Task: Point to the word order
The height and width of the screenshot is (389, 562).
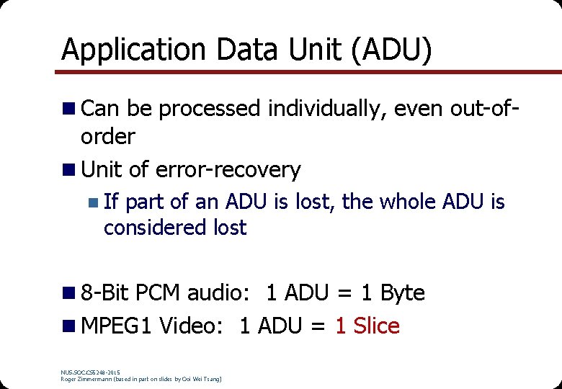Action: pyautogui.click(x=108, y=136)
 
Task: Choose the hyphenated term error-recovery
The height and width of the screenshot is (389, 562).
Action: pyautogui.click(x=230, y=170)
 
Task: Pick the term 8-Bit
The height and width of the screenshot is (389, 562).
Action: pyautogui.click(x=105, y=293)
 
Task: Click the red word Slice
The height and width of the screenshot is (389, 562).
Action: pyautogui.click(x=376, y=326)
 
